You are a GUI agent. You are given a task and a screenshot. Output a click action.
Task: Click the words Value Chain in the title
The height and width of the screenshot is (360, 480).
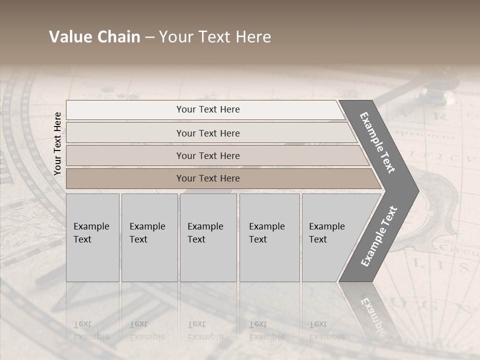point(94,37)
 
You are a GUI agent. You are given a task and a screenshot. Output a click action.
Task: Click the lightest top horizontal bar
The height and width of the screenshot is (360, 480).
point(125,110)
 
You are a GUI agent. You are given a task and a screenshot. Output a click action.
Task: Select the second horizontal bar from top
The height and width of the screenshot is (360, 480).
point(125,133)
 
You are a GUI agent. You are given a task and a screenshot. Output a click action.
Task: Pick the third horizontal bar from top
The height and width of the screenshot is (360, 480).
point(125,155)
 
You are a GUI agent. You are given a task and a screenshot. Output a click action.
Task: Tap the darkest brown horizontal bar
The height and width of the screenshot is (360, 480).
point(125,178)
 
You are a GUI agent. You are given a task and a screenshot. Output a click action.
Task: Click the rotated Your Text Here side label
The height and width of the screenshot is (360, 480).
point(57,143)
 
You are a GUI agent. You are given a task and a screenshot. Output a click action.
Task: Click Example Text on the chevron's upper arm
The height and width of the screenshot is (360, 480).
point(377,142)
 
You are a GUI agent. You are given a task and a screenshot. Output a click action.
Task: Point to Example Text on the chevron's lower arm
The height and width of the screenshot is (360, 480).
point(379,236)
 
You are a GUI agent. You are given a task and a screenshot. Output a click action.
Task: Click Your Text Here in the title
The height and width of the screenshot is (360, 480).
point(215,37)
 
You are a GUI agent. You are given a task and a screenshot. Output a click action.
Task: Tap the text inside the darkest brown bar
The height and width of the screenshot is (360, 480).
point(208,178)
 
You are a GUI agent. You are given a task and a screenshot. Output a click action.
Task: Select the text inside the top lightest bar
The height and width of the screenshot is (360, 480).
point(208,109)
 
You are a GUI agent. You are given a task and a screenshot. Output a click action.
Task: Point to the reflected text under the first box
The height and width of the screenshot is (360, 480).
point(91,330)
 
